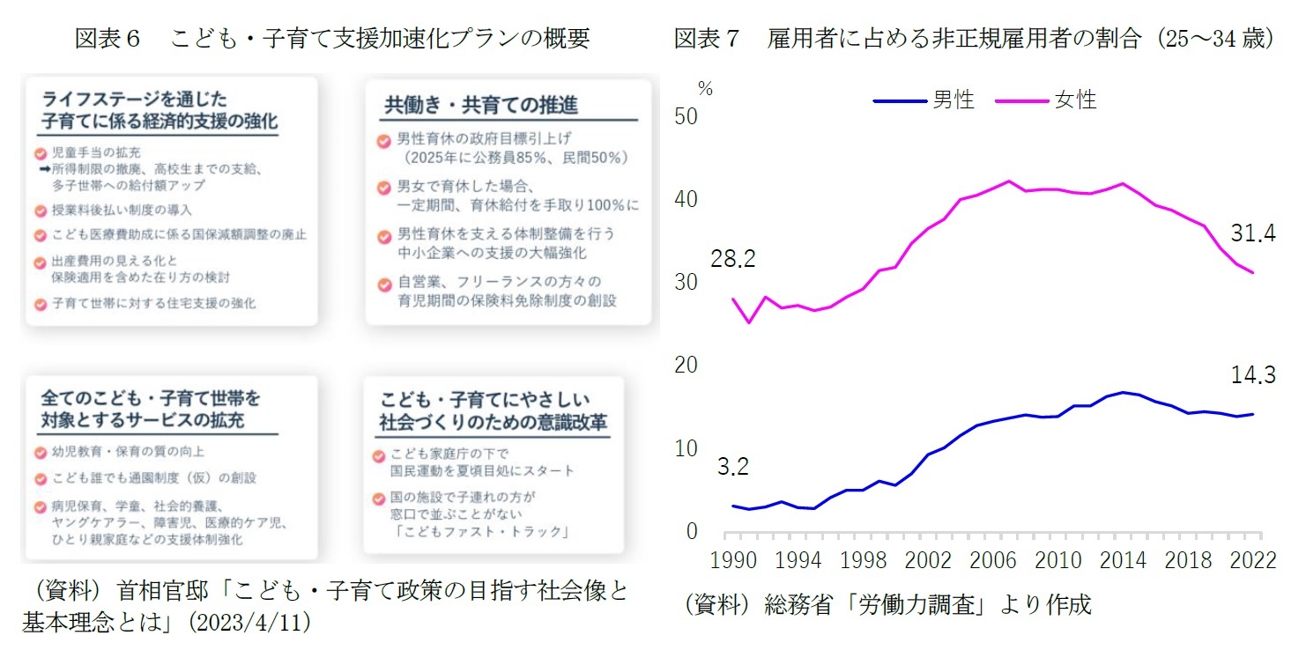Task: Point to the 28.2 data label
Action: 732,260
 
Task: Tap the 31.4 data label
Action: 1252,233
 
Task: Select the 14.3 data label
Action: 1252,376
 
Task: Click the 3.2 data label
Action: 732,468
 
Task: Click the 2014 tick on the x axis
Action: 1122,562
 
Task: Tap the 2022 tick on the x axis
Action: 1253,562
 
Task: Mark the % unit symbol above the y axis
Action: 705,87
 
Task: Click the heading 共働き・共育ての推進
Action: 481,105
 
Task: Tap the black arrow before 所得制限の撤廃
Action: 42,169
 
